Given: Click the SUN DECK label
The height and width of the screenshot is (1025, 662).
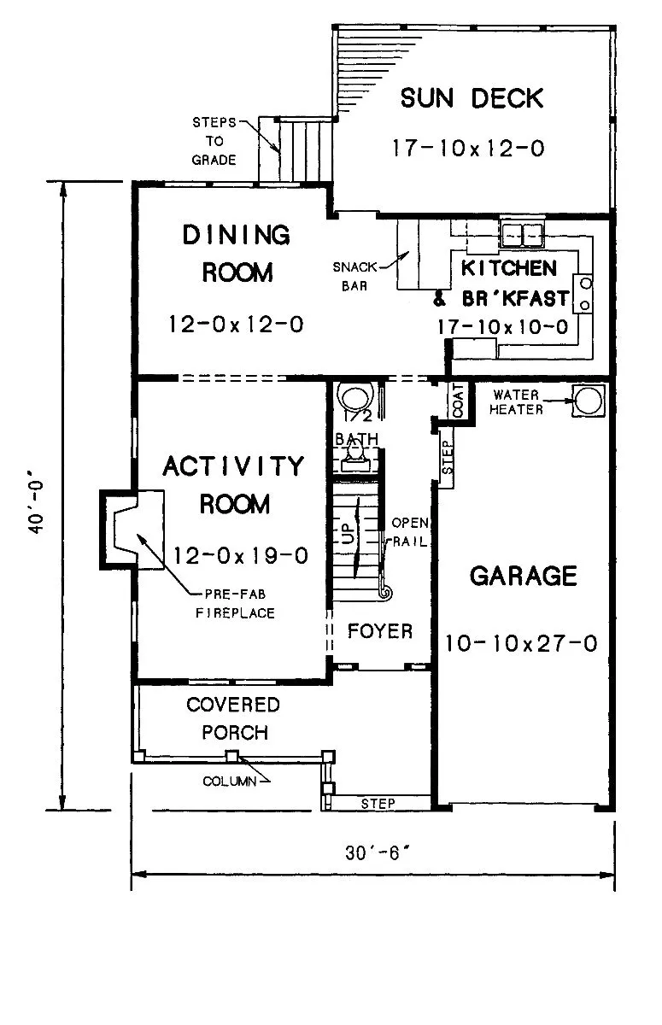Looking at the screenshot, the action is click(x=472, y=98).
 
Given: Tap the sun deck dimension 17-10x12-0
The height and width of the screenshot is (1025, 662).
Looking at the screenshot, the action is click(x=468, y=149).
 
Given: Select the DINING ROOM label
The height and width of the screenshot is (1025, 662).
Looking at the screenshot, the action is click(x=237, y=254).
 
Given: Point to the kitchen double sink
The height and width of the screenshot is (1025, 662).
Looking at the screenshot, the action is click(x=522, y=234).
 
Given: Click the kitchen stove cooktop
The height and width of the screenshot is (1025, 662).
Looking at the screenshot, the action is click(x=583, y=293).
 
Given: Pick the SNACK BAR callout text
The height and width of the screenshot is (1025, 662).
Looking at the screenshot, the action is click(x=354, y=277).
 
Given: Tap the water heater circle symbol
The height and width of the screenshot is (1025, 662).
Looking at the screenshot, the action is click(x=589, y=401).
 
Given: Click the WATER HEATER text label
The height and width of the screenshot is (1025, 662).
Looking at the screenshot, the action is click(x=516, y=401).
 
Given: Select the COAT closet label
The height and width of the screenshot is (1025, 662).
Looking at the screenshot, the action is click(x=458, y=400).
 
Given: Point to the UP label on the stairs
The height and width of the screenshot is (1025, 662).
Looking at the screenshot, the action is click(x=349, y=534).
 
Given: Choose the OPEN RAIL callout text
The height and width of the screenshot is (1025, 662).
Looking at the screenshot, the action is click(x=409, y=532).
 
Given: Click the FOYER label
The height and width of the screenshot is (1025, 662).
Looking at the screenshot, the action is click(x=380, y=631).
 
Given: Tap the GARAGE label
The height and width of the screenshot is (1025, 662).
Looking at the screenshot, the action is click(x=523, y=576).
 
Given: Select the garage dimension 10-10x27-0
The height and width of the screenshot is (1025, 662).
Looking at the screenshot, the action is click(x=521, y=643).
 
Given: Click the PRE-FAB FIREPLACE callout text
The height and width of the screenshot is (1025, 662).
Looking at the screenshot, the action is click(x=235, y=604).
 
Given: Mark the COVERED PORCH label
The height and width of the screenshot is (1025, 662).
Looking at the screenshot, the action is click(x=233, y=718).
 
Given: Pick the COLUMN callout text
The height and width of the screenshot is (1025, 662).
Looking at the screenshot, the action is click(x=230, y=781).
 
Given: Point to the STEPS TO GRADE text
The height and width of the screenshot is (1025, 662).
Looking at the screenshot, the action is click(x=214, y=141).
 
